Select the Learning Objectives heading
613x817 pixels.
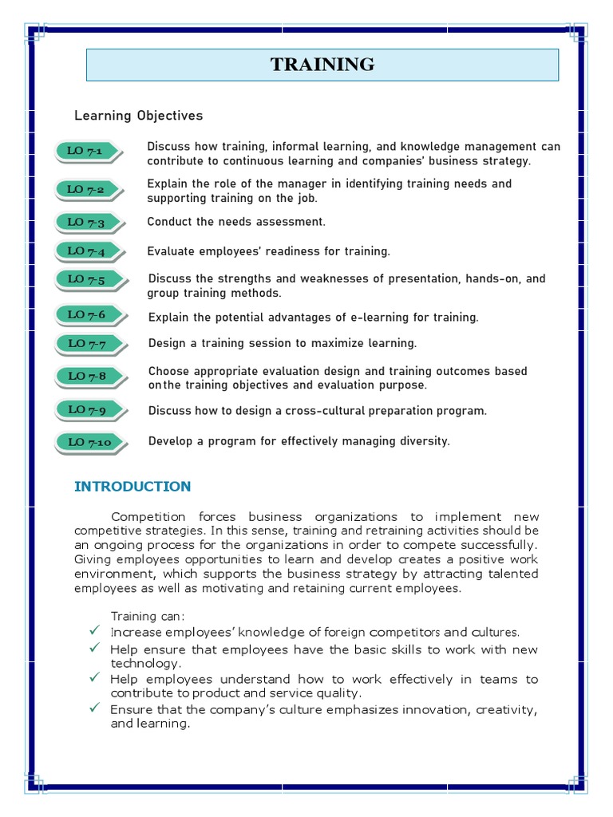point(138,116)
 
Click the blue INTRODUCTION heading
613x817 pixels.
point(132,487)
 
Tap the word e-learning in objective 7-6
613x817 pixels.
point(382,318)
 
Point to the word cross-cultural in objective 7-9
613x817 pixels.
point(322,411)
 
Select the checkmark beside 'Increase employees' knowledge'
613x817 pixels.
point(93,631)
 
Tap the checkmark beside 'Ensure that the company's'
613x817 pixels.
point(93,708)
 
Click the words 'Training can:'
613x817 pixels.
point(148,616)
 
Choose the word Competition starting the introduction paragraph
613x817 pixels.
point(148,516)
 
